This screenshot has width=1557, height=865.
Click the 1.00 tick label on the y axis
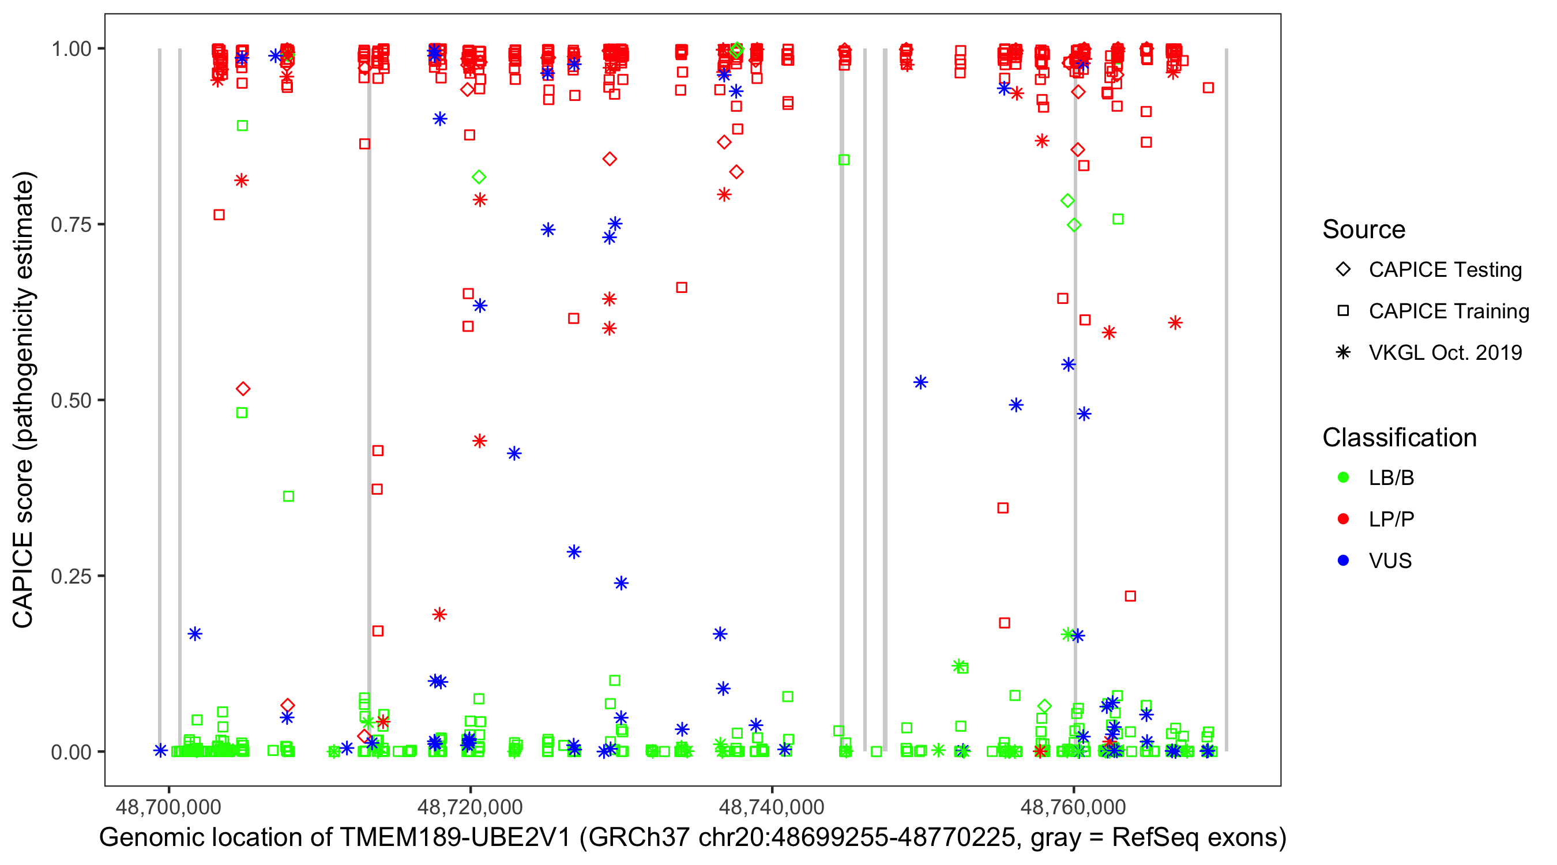point(71,49)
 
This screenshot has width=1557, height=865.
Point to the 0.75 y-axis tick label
point(71,225)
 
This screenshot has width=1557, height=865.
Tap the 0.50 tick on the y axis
point(71,400)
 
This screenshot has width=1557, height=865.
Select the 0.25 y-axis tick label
point(71,576)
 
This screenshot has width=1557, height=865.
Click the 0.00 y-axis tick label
point(71,752)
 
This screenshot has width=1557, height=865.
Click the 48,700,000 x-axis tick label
point(168,807)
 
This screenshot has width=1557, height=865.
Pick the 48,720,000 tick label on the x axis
point(470,807)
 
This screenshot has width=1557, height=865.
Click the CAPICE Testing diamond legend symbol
point(1343,270)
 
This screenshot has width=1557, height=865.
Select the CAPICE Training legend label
point(1449,311)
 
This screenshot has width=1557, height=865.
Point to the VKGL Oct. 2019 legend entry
point(1445,353)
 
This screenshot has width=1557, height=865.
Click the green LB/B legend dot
point(1343,477)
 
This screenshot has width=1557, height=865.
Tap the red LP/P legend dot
point(1343,519)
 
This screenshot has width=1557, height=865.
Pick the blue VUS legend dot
point(1343,561)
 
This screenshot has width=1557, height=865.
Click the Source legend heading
point(1364,230)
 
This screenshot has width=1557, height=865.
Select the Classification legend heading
point(1399,438)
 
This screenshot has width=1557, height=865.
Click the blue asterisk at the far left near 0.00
point(160,751)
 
